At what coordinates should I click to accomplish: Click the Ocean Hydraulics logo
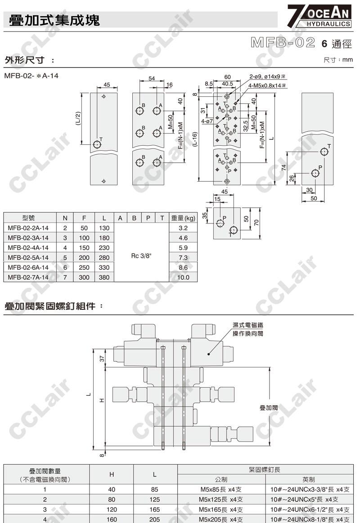(x=319, y=16)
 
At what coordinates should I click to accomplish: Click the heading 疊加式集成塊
(x=54, y=20)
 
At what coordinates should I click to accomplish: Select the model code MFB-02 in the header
(x=283, y=43)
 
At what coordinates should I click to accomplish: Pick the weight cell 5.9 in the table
(x=183, y=247)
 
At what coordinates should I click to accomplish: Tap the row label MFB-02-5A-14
(x=28, y=258)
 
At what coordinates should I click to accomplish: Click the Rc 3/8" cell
(x=141, y=256)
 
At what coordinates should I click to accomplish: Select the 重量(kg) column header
(x=183, y=218)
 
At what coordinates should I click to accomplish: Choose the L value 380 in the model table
(x=104, y=277)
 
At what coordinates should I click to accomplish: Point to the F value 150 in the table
(x=84, y=247)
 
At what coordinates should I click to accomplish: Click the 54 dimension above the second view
(x=152, y=78)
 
